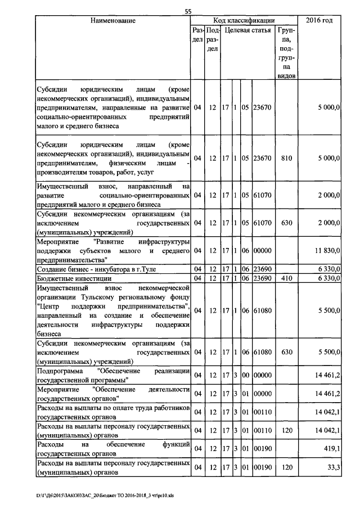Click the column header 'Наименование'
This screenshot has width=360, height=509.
pyautogui.click(x=112, y=21)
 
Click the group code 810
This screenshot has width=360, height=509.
pyautogui.click(x=286, y=159)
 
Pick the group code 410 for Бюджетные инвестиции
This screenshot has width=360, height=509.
pyautogui.click(x=286, y=278)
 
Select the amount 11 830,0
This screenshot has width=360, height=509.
pyautogui.click(x=327, y=250)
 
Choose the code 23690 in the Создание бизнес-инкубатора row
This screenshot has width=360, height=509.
pyautogui.click(x=263, y=270)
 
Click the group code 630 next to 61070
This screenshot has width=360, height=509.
pyautogui.click(x=286, y=223)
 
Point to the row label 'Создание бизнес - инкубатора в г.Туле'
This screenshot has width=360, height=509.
pyautogui.click(x=92, y=270)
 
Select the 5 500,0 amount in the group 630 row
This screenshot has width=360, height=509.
pyautogui.click(x=328, y=352)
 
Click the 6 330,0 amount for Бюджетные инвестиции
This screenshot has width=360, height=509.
pyautogui.click(x=328, y=278)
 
